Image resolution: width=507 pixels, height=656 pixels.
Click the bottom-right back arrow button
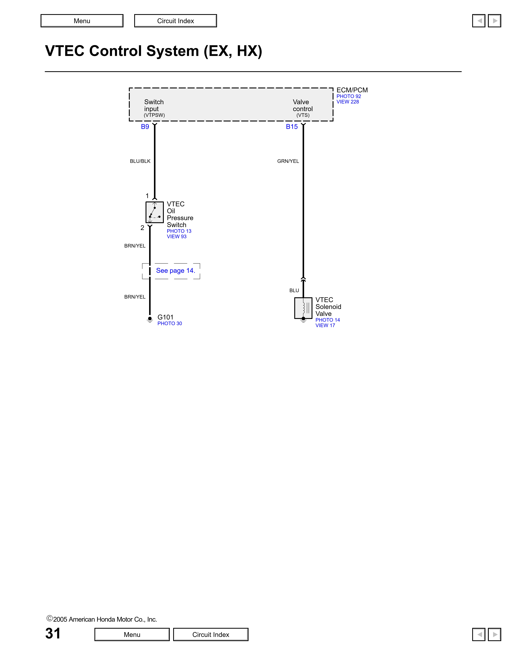pos(479,634)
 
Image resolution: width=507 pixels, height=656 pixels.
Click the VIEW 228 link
pos(348,102)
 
